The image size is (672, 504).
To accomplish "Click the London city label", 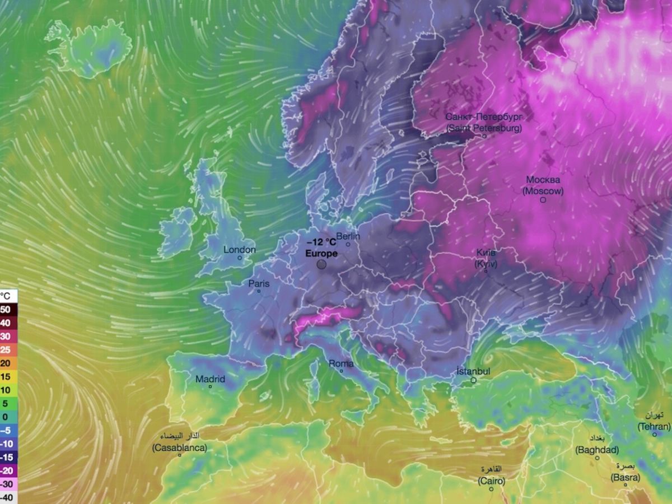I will point(240,250).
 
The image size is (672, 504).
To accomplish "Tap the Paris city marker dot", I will point(259,291).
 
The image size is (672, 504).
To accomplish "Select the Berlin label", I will point(348,236).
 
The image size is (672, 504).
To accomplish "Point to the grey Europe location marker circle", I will point(321,264).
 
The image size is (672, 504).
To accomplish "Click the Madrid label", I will point(210,379).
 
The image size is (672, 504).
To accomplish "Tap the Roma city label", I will point(341,364).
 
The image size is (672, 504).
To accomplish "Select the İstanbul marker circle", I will point(473,380).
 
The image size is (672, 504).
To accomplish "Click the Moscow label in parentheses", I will point(543,191).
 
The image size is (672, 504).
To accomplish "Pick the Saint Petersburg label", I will point(484,128).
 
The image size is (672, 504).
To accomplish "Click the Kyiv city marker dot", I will point(486,272).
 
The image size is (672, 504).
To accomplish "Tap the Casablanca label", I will point(179,448).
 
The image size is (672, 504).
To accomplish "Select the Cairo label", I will point(491,481).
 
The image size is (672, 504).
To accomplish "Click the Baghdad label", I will point(597,450).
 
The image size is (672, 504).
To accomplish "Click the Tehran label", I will point(654,427).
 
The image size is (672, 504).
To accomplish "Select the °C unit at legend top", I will point(5,296).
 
